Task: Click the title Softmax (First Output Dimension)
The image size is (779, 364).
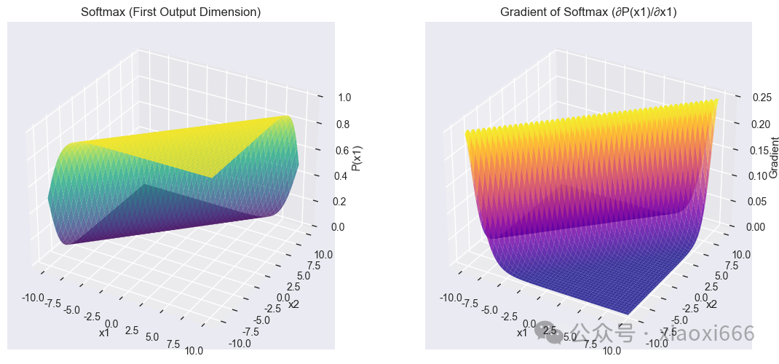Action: tap(172, 12)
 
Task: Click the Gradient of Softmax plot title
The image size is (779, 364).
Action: tap(588, 12)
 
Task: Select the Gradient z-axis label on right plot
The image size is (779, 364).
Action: tap(773, 159)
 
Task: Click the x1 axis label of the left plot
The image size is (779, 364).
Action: tap(103, 333)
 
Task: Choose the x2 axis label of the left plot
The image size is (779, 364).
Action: tap(293, 304)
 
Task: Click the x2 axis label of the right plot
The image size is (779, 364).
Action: tap(711, 304)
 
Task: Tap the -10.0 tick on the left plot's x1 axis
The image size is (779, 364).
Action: tap(32, 297)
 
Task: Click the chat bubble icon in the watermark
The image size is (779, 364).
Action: tap(548, 333)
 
